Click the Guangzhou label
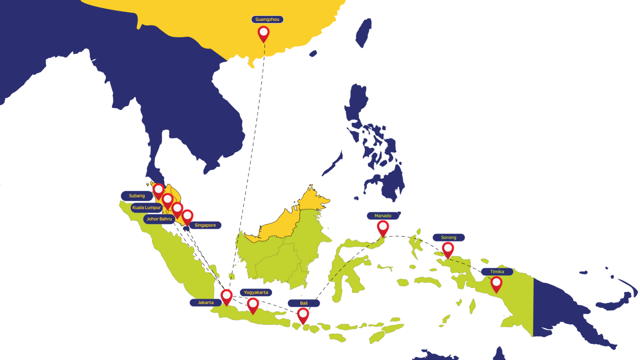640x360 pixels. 267,19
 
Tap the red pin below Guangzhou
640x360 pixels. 263,33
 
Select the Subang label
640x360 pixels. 137,196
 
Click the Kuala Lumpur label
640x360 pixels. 147,207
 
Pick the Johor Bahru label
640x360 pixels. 159,219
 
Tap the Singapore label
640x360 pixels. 205,225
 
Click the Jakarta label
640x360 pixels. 206,302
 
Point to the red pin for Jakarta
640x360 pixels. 227,296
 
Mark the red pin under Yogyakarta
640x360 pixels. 253,305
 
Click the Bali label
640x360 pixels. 304,303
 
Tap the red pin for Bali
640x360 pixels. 303,315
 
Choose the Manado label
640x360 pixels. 383,216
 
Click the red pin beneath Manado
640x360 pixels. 383,228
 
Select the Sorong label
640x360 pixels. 449,237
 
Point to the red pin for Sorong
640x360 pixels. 448,249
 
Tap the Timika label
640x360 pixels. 497,271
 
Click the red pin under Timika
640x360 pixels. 497,283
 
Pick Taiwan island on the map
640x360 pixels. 364,32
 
